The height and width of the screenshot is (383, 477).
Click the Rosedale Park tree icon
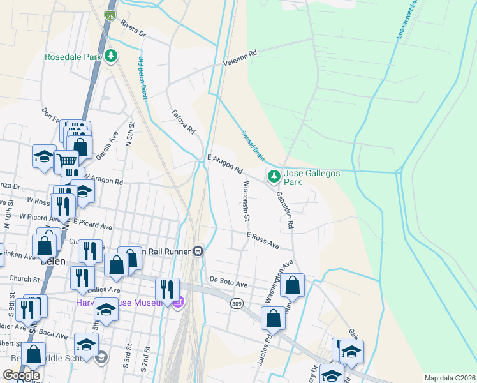point(112,56)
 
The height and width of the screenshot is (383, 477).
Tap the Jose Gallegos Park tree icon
point(274,175)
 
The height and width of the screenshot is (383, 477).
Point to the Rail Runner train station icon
point(199,252)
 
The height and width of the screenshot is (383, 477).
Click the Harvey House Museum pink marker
point(179,301)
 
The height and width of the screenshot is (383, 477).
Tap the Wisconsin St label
point(246,200)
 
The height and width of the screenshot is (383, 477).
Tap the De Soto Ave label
point(228,282)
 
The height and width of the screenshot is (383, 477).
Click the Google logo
point(21,375)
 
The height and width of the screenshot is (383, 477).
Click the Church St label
point(25,278)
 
